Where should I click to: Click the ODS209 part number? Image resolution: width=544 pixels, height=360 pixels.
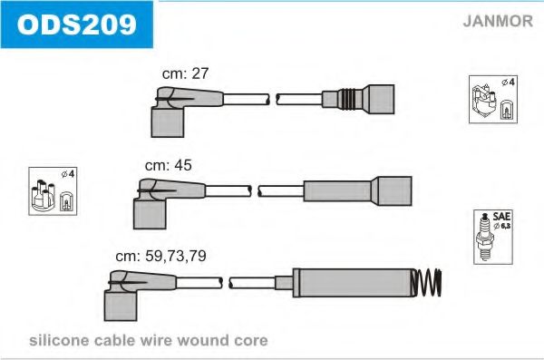click(77, 24)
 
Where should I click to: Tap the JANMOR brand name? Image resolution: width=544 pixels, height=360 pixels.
click(498, 21)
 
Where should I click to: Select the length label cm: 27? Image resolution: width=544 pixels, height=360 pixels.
click(185, 73)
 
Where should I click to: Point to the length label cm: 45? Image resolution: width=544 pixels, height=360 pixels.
click(168, 165)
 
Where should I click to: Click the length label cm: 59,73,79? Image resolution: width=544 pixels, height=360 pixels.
click(160, 257)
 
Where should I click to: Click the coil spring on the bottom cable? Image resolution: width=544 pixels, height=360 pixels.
click(427, 283)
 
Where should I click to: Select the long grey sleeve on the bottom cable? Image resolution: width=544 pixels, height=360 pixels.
click(354, 283)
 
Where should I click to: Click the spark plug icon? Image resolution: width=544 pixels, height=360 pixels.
click(485, 238)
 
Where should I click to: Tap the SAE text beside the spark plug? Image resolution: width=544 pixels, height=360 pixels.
click(501, 217)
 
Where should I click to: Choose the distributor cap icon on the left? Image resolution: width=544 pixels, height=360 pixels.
click(43, 196)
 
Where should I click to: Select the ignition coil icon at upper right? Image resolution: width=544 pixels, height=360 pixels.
click(483, 101)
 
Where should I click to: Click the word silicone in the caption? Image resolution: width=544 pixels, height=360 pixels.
click(59, 340)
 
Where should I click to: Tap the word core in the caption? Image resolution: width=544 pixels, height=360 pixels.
click(251, 341)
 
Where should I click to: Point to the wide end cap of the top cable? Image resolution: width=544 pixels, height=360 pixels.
click(378, 99)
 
